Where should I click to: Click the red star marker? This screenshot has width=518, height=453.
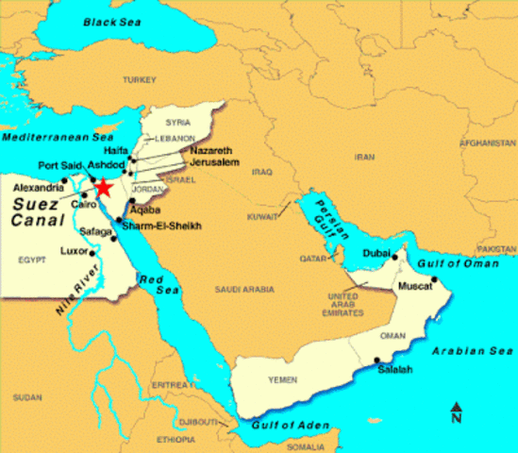pos(103,188)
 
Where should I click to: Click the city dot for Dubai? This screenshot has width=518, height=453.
pos(396,256)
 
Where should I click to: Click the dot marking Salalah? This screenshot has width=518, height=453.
pos(378,360)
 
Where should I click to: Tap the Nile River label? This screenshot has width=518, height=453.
pos(77,282)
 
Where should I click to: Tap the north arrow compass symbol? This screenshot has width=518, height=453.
pos(456,412)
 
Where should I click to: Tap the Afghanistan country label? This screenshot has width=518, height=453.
pos(485,143)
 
